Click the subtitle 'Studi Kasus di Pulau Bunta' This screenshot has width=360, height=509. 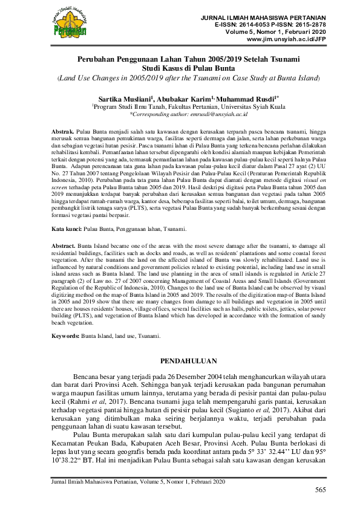point(180,68)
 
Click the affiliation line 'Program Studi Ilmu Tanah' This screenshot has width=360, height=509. point(180,105)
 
